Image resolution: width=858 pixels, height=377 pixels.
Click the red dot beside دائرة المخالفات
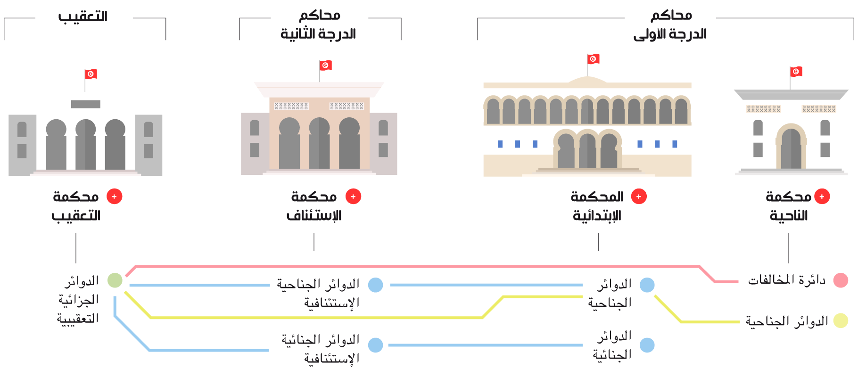click(841, 280)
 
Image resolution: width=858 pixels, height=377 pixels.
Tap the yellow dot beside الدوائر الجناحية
click(841, 320)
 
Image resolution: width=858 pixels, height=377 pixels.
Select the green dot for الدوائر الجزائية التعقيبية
click(115, 280)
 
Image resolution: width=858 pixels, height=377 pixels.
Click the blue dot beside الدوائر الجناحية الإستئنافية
click(375, 285)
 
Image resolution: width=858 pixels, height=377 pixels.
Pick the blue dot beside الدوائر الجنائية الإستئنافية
click(375, 345)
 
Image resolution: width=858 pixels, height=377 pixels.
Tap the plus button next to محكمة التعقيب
click(115, 197)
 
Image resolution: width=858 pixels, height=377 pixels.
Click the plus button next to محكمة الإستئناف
click(353, 197)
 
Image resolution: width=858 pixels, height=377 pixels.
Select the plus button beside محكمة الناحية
click(822, 197)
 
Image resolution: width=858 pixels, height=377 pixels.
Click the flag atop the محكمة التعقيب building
click(91, 74)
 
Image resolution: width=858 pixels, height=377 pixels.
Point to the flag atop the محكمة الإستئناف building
click(326, 65)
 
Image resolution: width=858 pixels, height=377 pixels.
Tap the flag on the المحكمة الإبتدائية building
click(594, 59)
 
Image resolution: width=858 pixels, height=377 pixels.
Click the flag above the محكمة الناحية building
click(796, 72)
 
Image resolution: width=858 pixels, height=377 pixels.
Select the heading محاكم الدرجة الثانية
click(319, 25)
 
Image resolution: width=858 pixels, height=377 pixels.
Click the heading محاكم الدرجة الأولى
click(670, 25)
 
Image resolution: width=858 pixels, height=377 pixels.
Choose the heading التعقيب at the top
click(83, 17)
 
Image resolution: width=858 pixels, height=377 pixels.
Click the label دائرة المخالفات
click(786, 280)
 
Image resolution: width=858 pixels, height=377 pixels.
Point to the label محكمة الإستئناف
click(314, 206)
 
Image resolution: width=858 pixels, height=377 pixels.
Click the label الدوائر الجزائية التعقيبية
click(79, 300)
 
